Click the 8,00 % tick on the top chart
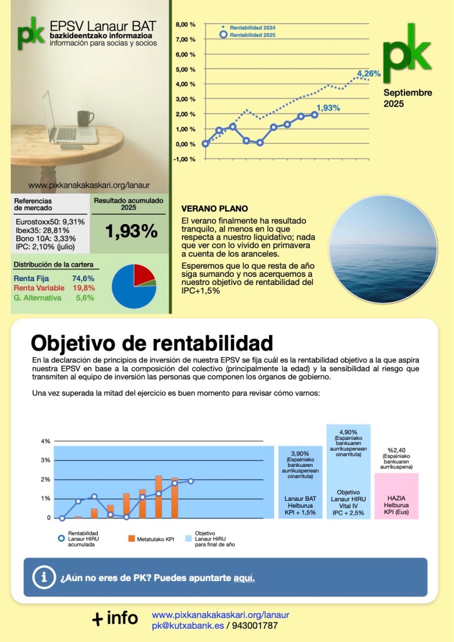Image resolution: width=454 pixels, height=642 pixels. [185, 24]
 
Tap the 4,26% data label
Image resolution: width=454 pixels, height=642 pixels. [369, 74]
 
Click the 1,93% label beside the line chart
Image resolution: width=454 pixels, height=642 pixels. [328, 108]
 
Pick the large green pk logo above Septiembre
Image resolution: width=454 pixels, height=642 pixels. [407, 48]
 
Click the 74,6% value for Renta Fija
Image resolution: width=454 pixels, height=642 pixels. [83, 278]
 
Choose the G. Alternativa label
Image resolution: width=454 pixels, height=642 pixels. [38, 297]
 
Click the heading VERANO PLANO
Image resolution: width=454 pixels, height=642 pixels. [214, 209]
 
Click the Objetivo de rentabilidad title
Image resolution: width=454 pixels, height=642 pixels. [152, 343]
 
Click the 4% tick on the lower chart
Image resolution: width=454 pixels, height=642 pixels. [45, 441]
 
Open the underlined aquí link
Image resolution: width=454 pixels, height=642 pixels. [244, 577]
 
